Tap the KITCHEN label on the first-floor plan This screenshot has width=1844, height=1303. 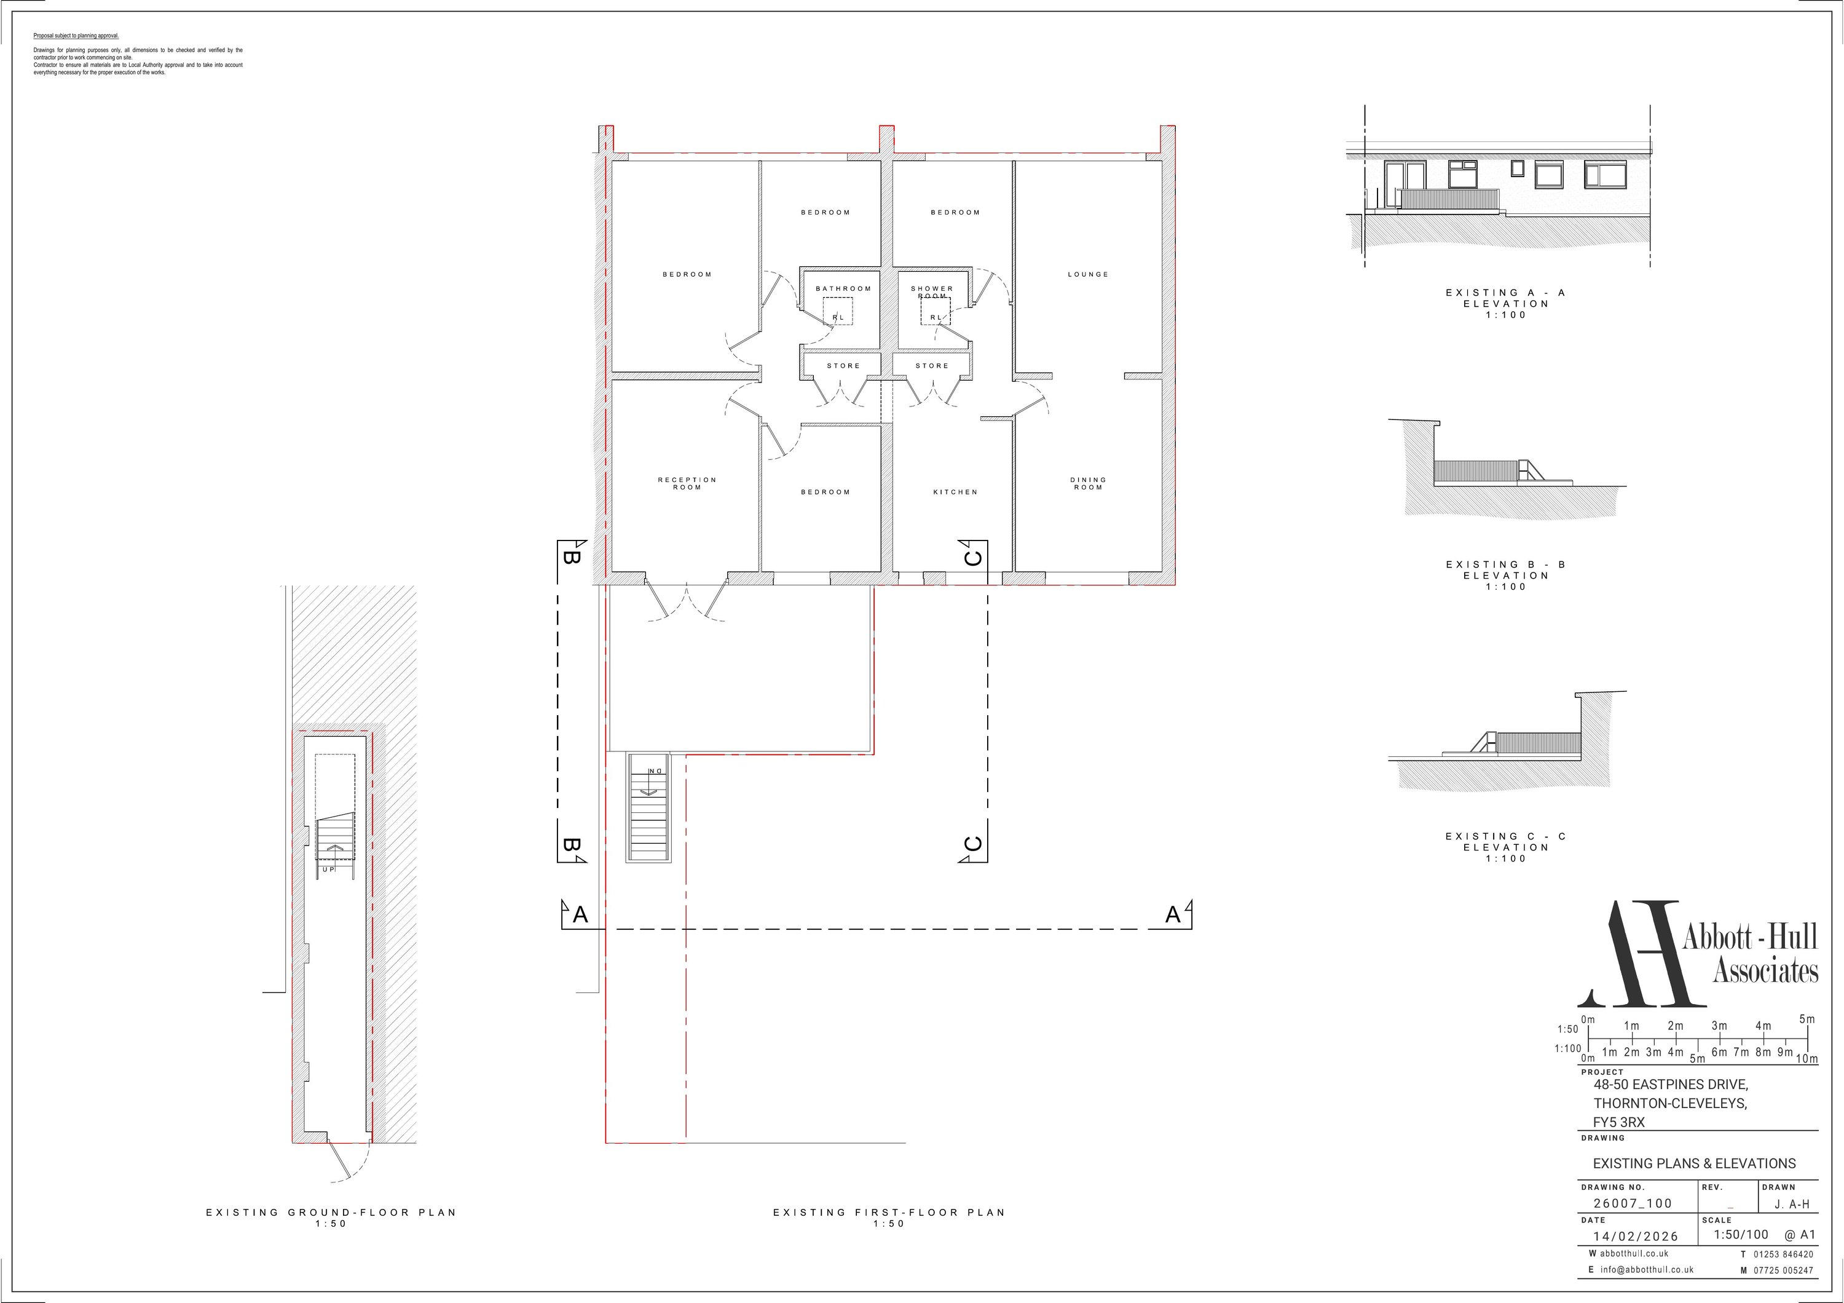[955, 492]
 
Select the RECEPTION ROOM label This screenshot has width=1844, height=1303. [687, 483]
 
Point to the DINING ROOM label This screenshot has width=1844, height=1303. [1088, 483]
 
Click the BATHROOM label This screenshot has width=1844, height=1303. [843, 288]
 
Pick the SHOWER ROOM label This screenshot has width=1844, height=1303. [932, 291]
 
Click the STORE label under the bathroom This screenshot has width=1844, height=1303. [843, 365]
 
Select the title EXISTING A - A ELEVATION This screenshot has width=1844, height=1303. [1505, 304]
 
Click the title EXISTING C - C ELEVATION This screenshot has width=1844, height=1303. [1505, 847]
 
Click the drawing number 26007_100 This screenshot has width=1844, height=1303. [1633, 1203]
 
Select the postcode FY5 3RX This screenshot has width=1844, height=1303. [1619, 1122]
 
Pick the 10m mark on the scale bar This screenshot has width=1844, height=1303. [1807, 1059]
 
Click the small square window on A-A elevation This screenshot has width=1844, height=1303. [1517, 168]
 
